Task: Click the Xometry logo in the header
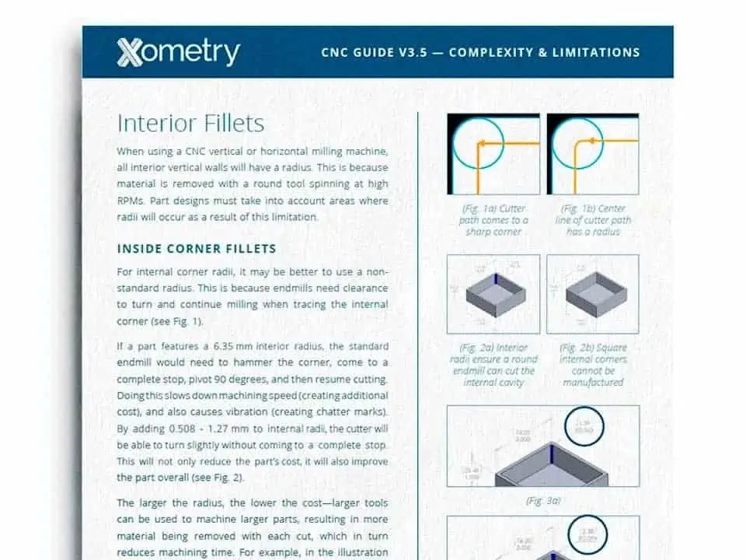(x=178, y=52)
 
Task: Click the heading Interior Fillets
(x=190, y=123)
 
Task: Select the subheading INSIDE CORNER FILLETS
(x=196, y=249)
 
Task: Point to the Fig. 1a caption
(x=493, y=220)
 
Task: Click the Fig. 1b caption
(x=593, y=220)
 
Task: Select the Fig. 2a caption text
(x=493, y=365)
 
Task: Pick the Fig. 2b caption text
(x=593, y=365)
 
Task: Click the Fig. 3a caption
(x=543, y=501)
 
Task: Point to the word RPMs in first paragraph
(x=132, y=201)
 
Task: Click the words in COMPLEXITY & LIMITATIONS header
(x=544, y=53)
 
